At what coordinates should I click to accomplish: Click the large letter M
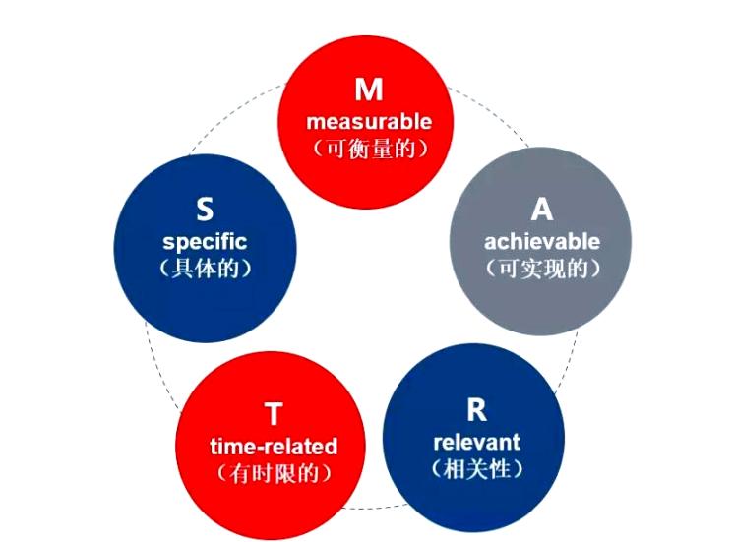(368, 90)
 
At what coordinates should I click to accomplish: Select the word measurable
(368, 123)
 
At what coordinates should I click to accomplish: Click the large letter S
(205, 210)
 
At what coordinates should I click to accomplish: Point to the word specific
(205, 241)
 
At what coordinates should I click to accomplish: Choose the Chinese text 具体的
(205, 269)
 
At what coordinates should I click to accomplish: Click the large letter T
(273, 414)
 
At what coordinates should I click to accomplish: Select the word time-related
(273, 447)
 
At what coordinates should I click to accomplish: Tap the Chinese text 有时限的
(273, 474)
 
